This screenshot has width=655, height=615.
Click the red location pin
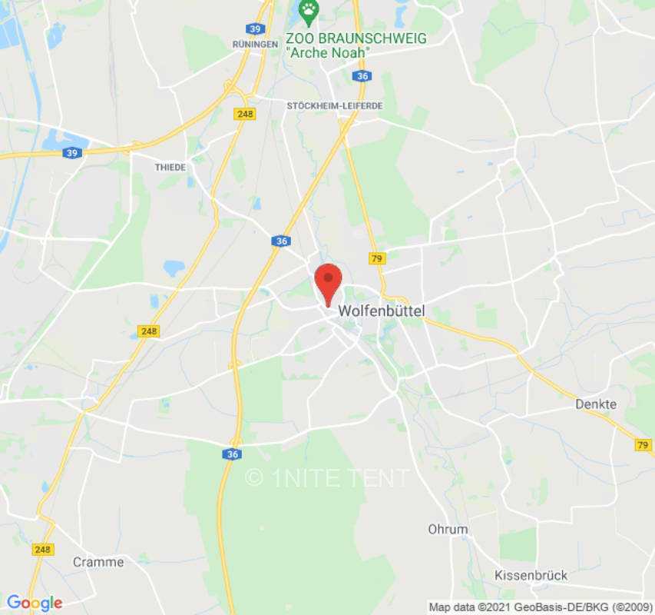[x=329, y=281]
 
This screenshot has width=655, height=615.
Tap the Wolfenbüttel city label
[x=382, y=311]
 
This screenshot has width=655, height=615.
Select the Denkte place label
[x=596, y=404]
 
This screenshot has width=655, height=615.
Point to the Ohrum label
[x=448, y=529]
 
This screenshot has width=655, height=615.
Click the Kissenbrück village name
[x=531, y=575]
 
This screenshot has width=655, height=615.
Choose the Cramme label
[x=98, y=562]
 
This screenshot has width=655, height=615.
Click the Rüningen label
[x=255, y=45]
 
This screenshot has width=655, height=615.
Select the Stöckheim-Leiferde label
[x=334, y=105]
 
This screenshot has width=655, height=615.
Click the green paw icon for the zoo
[x=308, y=10]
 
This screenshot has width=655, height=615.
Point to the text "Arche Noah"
[x=328, y=52]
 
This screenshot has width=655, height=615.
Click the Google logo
[x=34, y=603]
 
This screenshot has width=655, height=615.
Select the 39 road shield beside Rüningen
[x=256, y=28]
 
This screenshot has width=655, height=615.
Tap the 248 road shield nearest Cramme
[x=43, y=550]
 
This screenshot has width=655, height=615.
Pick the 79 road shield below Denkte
[x=643, y=444]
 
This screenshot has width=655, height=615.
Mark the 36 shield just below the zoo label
[x=362, y=75]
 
